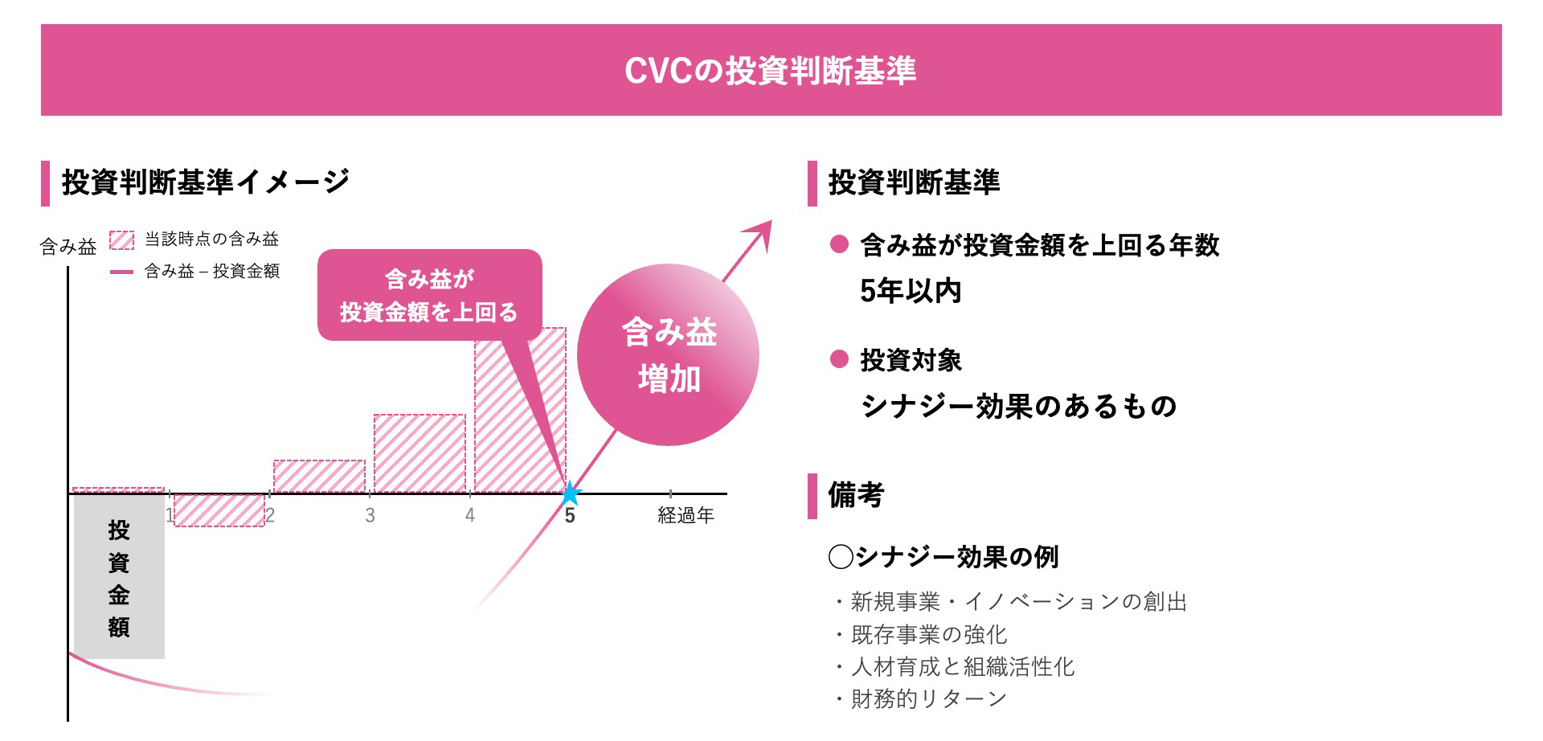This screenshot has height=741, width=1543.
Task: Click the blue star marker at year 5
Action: tap(570, 493)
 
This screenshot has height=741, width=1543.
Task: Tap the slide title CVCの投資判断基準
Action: tap(770, 71)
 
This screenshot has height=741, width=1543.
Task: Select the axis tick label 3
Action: tap(370, 515)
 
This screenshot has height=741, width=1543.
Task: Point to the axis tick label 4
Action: tap(470, 515)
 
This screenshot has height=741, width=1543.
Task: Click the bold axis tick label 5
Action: tap(570, 516)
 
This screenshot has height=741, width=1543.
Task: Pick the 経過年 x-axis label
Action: tap(686, 515)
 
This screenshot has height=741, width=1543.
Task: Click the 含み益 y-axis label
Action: tap(68, 247)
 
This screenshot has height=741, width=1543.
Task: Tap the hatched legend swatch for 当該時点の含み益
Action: tap(121, 239)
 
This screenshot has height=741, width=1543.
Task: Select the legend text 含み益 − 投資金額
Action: tap(211, 272)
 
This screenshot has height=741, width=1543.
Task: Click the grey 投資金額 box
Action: tap(119, 577)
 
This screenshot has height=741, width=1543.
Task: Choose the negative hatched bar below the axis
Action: tap(219, 510)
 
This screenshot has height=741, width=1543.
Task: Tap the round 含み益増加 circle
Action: tap(668, 354)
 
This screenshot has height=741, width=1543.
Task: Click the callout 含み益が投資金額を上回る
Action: tap(429, 295)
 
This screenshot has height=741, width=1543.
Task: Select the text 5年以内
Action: tap(911, 291)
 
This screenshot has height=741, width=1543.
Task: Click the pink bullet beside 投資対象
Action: tap(839, 358)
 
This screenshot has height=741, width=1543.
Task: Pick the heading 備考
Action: tap(856, 495)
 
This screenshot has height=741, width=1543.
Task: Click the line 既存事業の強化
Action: tap(928, 635)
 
